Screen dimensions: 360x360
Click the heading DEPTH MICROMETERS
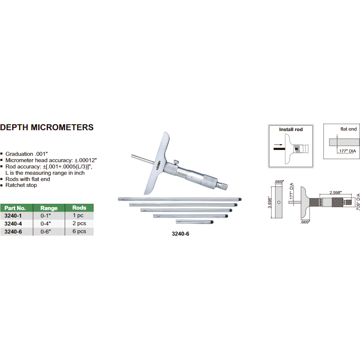click(x=47, y=127)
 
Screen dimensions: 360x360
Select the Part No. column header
click(x=16, y=208)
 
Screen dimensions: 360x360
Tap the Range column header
click(x=49, y=208)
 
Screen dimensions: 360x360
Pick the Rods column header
click(x=79, y=208)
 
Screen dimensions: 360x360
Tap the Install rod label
click(x=291, y=129)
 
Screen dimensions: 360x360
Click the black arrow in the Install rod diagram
click(x=279, y=147)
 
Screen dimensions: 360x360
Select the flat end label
click(x=349, y=129)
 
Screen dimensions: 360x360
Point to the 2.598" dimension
click(x=335, y=192)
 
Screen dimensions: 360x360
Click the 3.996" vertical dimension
click(x=269, y=202)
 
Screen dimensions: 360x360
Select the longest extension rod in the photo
click(x=179, y=199)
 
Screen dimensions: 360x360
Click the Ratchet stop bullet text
click(x=21, y=185)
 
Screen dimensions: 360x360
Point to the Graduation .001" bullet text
click(x=29, y=154)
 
